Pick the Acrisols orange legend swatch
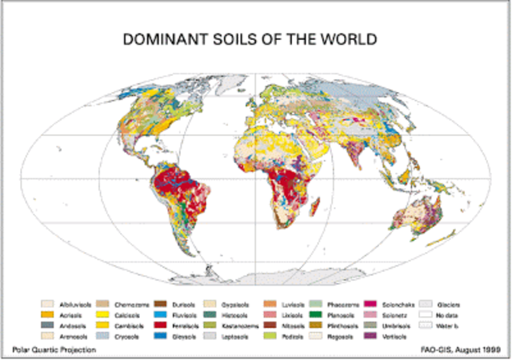pos(48,316)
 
